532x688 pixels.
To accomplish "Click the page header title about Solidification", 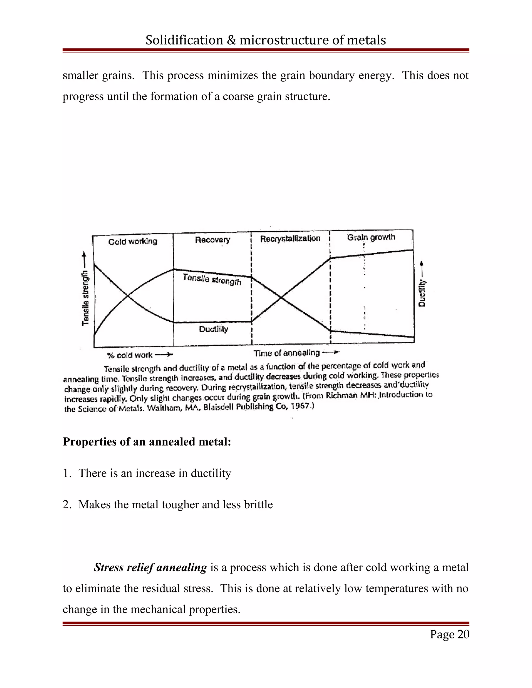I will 266,40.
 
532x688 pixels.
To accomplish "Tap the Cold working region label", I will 132,242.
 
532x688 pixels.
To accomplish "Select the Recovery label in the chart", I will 212,240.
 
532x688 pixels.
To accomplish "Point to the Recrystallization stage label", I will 290,239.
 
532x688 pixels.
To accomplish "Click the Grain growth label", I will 371,237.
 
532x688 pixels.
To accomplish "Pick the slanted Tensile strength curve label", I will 212,279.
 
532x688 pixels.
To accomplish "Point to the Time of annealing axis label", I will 287,353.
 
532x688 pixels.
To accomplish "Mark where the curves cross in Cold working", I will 128,296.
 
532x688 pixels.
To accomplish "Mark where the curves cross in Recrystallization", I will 281,297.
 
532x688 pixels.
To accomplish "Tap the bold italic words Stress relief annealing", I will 150,567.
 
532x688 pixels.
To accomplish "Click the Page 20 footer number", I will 449,634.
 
